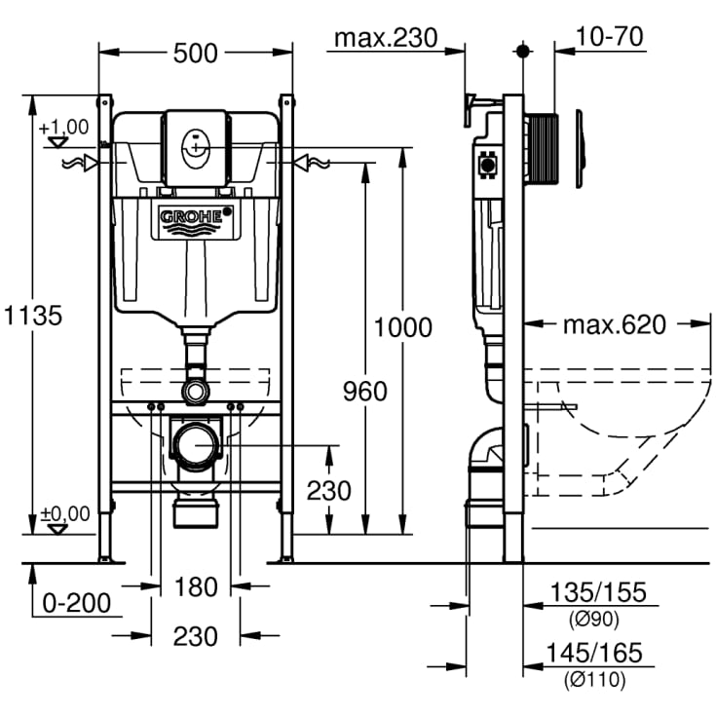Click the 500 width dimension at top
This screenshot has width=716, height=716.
click(x=196, y=54)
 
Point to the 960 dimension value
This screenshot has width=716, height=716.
click(x=365, y=391)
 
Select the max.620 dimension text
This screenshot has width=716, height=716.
click(x=615, y=323)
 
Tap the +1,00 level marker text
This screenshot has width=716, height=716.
click(x=63, y=127)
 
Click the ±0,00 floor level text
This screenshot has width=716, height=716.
click(x=64, y=513)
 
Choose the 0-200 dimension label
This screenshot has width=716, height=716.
click(x=76, y=603)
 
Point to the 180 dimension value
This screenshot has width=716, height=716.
click(x=196, y=586)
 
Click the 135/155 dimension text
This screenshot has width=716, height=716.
click(x=597, y=592)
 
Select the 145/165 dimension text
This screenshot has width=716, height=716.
click(x=597, y=653)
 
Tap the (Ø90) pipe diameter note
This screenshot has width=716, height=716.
click(x=593, y=618)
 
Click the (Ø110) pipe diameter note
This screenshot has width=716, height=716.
click(x=595, y=679)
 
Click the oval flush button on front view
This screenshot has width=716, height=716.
click(x=197, y=147)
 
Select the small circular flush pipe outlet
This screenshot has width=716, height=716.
click(x=196, y=391)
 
